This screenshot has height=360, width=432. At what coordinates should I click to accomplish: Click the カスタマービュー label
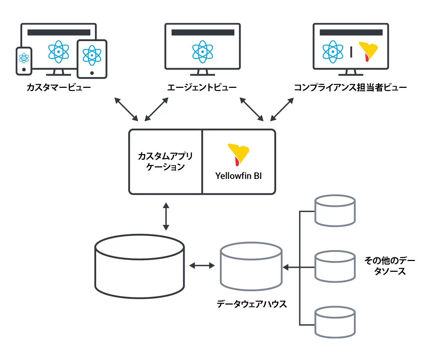click(x=58, y=87)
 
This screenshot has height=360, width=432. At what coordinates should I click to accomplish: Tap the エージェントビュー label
click(x=202, y=87)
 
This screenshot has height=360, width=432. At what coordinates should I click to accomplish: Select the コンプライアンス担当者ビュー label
click(x=350, y=87)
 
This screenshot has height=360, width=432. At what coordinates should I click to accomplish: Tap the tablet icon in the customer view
click(x=92, y=58)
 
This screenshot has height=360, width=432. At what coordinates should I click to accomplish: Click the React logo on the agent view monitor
click(x=203, y=51)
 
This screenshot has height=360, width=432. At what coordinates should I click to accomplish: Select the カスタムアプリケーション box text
click(x=165, y=162)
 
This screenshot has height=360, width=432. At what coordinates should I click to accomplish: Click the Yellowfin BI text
click(x=239, y=176)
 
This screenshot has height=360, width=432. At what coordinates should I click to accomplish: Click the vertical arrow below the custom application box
click(x=166, y=216)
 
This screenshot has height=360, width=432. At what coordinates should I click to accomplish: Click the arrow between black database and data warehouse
click(x=202, y=266)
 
